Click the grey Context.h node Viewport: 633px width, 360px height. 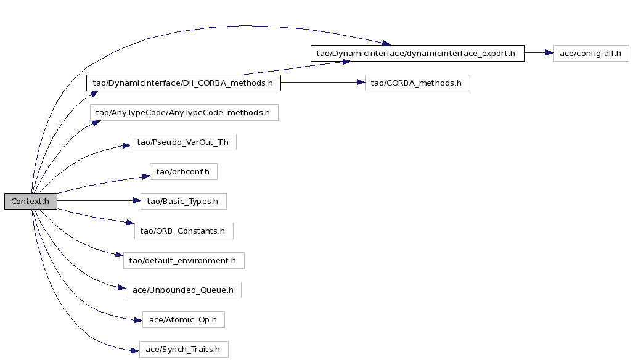31,202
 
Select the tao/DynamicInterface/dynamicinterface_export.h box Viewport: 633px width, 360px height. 417,53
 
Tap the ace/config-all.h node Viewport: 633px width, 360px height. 591,53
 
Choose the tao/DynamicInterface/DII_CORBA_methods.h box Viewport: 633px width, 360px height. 184,83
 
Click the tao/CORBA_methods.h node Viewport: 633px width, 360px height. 417,83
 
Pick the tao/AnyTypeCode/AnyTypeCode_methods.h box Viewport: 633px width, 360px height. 184,113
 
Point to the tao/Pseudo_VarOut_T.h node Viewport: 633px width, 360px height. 184,142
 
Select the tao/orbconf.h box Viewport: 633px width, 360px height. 184,171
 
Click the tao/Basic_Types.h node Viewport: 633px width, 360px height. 184,202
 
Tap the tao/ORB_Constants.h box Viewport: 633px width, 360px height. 184,231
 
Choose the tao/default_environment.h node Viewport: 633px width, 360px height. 184,260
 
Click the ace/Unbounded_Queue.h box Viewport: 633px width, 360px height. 184,290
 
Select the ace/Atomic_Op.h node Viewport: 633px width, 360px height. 184,320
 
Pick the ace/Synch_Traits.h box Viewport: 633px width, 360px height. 184,349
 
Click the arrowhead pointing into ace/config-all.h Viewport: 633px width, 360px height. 549,53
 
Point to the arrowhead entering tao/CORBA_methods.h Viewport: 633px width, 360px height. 361,83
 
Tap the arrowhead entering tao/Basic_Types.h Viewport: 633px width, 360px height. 136,200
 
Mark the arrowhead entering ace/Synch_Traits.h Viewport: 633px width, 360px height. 135,351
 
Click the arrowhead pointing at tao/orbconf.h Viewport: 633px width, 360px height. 145,176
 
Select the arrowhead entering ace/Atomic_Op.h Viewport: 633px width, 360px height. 138,321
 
